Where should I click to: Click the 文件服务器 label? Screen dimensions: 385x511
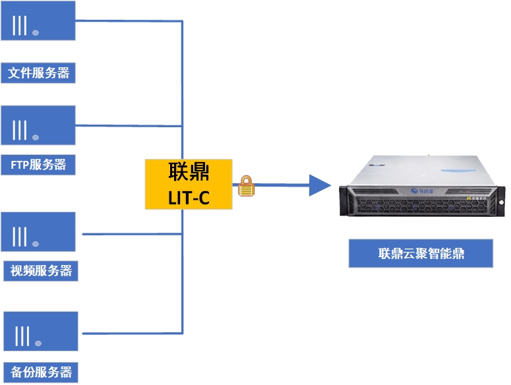pos(38,73)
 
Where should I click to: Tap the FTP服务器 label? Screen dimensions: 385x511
pos(38,164)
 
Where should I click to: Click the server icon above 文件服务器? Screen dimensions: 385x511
pos(38,20)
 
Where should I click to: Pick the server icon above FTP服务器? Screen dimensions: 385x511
pos(38,125)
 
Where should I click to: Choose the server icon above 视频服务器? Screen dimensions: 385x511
pos(38,232)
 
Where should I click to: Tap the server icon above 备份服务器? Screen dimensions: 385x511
pos(40,332)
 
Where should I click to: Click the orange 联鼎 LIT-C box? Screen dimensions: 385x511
pos(189,184)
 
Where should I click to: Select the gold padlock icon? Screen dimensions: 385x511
pos(246,186)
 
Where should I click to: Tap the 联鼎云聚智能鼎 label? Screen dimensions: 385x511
pos(421,253)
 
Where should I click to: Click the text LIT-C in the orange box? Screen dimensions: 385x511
pos(189,196)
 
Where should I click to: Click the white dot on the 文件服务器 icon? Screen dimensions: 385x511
pos(36,32)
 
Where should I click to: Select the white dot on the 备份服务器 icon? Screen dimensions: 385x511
pos(38,343)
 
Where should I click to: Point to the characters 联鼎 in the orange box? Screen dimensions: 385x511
pos(189,173)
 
